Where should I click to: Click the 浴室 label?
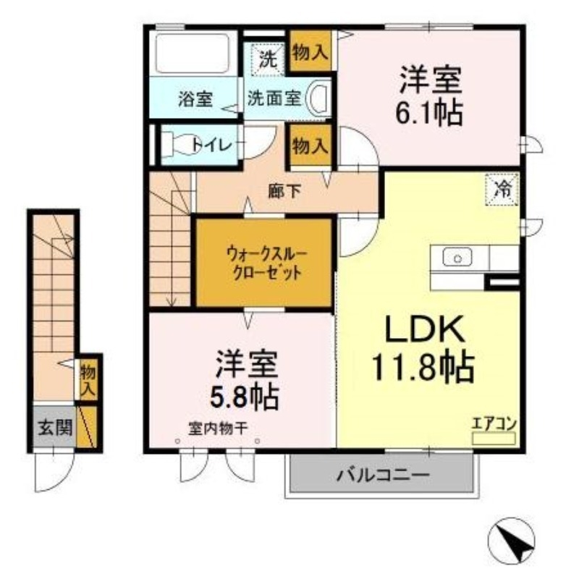click(194, 100)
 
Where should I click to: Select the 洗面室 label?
click(274, 99)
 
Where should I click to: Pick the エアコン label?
click(494, 424)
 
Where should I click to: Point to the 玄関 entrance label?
click(54, 427)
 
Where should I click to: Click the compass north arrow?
click(515, 538)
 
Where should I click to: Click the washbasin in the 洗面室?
click(318, 98)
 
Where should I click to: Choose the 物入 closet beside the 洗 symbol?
click(310, 51)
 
